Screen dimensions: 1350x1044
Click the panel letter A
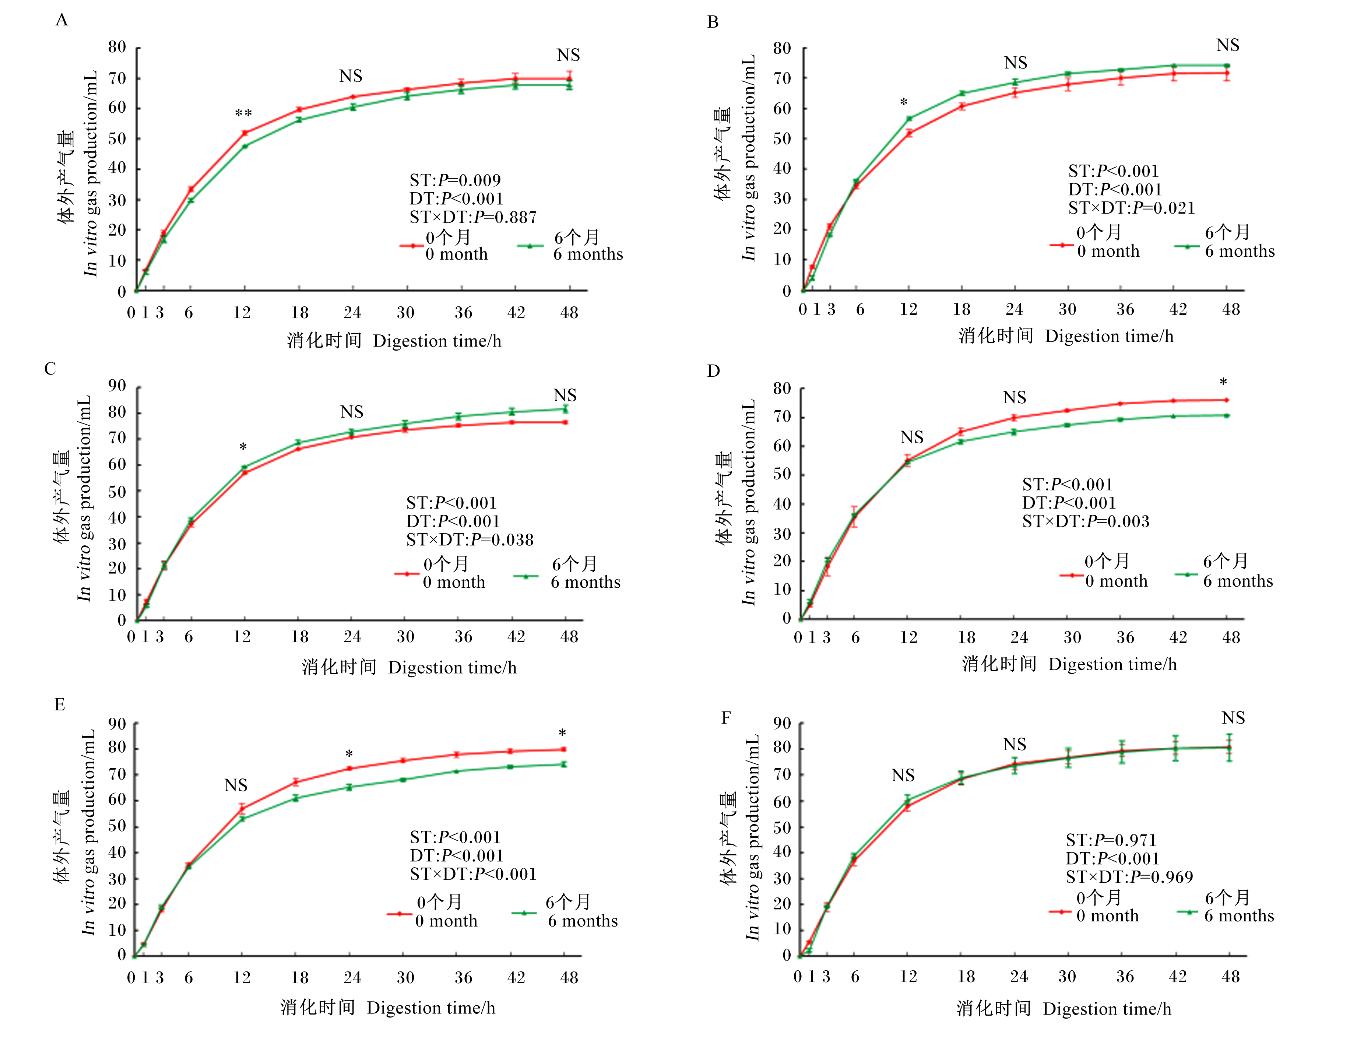(x=62, y=20)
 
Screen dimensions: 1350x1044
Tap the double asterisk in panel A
(x=243, y=114)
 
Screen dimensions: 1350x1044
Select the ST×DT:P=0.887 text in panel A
(x=473, y=217)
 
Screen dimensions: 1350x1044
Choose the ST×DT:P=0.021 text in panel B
(x=1132, y=208)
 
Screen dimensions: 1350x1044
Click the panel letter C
(x=50, y=369)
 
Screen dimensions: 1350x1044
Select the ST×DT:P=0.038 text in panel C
(x=470, y=539)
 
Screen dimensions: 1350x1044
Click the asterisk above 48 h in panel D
(x=1223, y=382)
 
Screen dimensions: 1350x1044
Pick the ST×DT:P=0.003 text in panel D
(x=1086, y=521)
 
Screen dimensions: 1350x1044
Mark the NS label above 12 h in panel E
(x=236, y=785)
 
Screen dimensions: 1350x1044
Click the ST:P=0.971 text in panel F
(x=1111, y=840)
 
